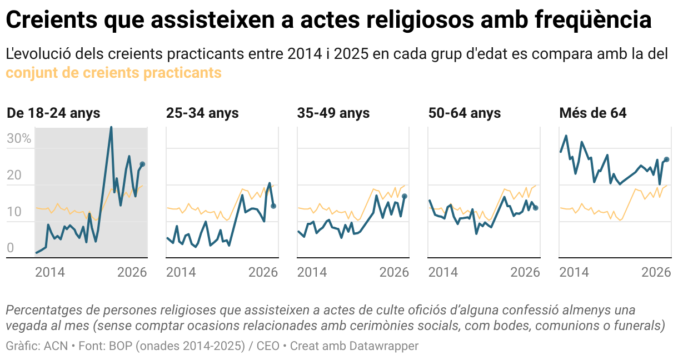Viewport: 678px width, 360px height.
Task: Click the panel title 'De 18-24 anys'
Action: pos(53,113)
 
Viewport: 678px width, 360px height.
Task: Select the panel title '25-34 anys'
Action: pos(202,113)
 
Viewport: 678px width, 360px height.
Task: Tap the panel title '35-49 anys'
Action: pos(333,113)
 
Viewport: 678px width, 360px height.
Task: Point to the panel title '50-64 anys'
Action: pos(465,113)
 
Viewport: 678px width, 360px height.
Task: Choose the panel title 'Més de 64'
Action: pos(592,113)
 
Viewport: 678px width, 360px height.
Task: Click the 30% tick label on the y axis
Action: pos(19,139)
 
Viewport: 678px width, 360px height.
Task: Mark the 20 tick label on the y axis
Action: pos(14,176)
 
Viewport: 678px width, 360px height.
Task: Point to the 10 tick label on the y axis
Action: pos(14,212)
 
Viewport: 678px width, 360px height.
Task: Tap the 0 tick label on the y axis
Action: pos(10,248)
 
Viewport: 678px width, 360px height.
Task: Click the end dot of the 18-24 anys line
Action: pos(142,164)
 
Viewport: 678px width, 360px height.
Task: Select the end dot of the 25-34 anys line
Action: pos(273,206)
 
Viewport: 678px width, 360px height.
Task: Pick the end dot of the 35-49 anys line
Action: pos(405,196)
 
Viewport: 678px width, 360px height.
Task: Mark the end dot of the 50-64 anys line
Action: pos(536,208)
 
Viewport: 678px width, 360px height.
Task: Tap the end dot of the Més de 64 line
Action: pos(666,159)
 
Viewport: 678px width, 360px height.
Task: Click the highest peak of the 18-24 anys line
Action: pos(111,127)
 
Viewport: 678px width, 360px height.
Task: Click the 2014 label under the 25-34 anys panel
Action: pos(181,272)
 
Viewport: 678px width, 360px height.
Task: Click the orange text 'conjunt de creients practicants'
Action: pos(113,73)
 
